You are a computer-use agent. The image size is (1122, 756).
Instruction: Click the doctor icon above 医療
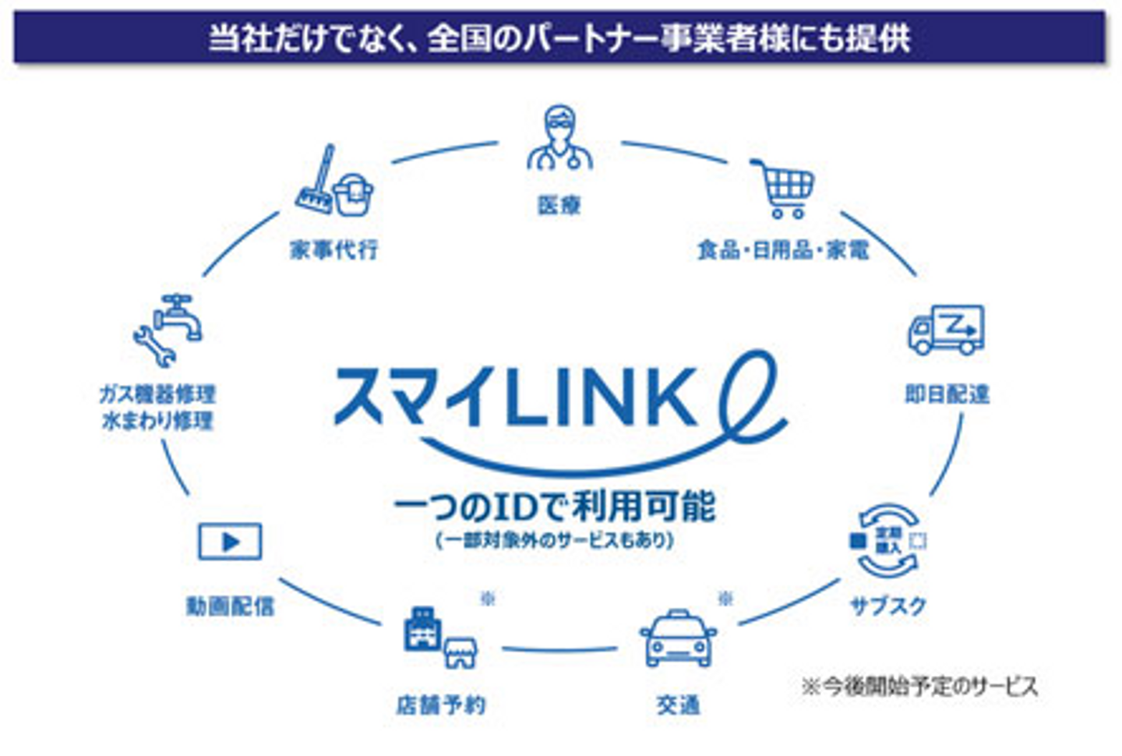pos(559,140)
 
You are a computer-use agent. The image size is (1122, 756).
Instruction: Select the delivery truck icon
pos(946,330)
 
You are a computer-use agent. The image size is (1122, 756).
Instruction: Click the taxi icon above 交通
pos(677,638)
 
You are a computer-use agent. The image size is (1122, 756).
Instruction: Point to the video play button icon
pos(230,542)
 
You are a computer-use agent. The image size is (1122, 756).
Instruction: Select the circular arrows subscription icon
pos(888,540)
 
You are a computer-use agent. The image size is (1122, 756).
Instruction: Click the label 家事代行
pos(334,249)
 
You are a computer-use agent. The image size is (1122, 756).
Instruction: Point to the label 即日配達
pos(947,394)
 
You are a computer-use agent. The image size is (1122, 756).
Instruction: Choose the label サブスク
pos(888,606)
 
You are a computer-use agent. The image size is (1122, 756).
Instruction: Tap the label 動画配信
pos(230,606)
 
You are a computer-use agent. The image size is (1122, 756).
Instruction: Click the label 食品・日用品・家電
pos(783,249)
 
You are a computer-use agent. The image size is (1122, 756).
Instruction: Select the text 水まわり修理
pos(157,421)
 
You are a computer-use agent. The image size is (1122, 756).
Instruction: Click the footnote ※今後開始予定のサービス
pos(919,686)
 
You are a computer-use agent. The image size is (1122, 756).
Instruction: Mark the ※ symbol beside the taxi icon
pos(725,599)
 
